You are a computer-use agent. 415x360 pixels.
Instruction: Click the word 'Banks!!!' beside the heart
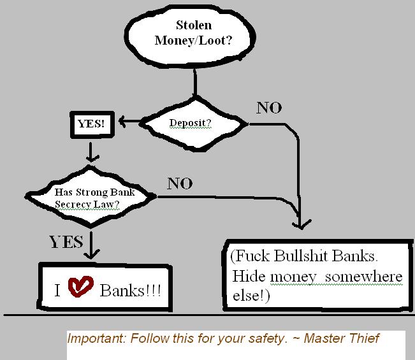pyautogui.click(x=130, y=291)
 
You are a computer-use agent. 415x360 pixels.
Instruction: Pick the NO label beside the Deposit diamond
pyautogui.click(x=268, y=108)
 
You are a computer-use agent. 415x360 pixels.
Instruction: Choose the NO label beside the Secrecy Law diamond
pyautogui.click(x=179, y=184)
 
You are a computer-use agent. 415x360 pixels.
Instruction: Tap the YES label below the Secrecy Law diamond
pyautogui.click(x=66, y=241)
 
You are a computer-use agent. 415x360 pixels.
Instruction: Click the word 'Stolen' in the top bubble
pyautogui.click(x=194, y=26)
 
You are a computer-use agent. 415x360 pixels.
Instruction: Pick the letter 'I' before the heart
pyautogui.click(x=57, y=291)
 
